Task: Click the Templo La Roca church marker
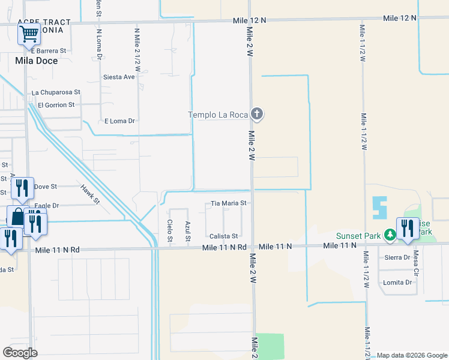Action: (x=257, y=114)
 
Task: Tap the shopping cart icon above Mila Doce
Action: (x=29, y=34)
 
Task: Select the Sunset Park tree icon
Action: (x=390, y=235)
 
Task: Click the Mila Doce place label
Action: (x=37, y=61)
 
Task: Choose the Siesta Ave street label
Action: (x=119, y=77)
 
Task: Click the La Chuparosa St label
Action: (x=56, y=92)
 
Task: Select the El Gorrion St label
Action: (x=56, y=104)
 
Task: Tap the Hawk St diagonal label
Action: (x=90, y=194)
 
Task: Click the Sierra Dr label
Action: (x=398, y=257)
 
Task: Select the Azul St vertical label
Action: (x=188, y=232)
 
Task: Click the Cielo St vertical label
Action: (x=170, y=232)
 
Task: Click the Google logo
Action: (x=20, y=353)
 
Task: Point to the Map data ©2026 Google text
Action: (x=411, y=355)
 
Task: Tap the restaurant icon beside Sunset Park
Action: (x=408, y=229)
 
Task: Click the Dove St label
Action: (x=46, y=187)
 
